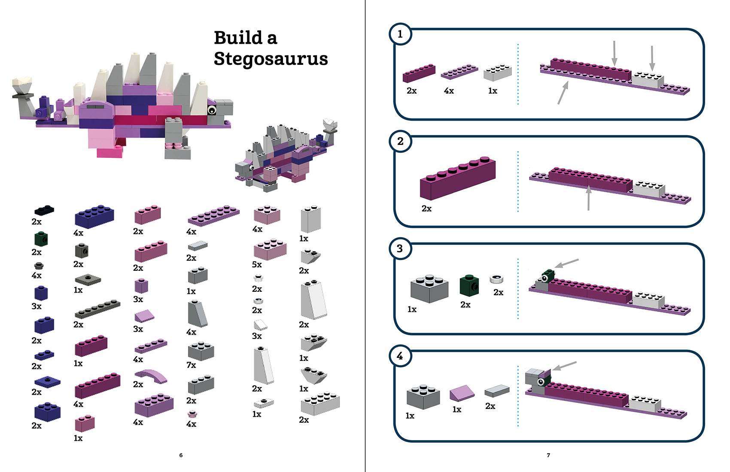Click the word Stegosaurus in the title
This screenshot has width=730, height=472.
point(271,59)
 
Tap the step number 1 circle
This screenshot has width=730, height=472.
point(400,34)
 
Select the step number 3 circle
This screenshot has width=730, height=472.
point(400,248)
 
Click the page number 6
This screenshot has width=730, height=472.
point(181,455)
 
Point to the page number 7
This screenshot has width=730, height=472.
point(548,455)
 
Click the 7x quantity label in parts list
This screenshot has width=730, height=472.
point(191,365)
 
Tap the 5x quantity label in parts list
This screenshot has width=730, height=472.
point(257,265)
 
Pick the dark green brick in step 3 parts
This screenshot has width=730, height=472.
point(469,286)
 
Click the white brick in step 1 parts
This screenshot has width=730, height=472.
point(498,73)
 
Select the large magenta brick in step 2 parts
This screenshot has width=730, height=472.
point(458,178)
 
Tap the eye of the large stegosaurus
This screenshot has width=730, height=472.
point(212,110)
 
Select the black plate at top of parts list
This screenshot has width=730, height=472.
point(44,210)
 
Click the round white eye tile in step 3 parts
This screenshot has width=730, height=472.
point(496,279)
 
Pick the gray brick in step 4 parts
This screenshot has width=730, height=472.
point(423,396)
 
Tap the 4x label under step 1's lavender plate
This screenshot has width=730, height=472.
point(449,91)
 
